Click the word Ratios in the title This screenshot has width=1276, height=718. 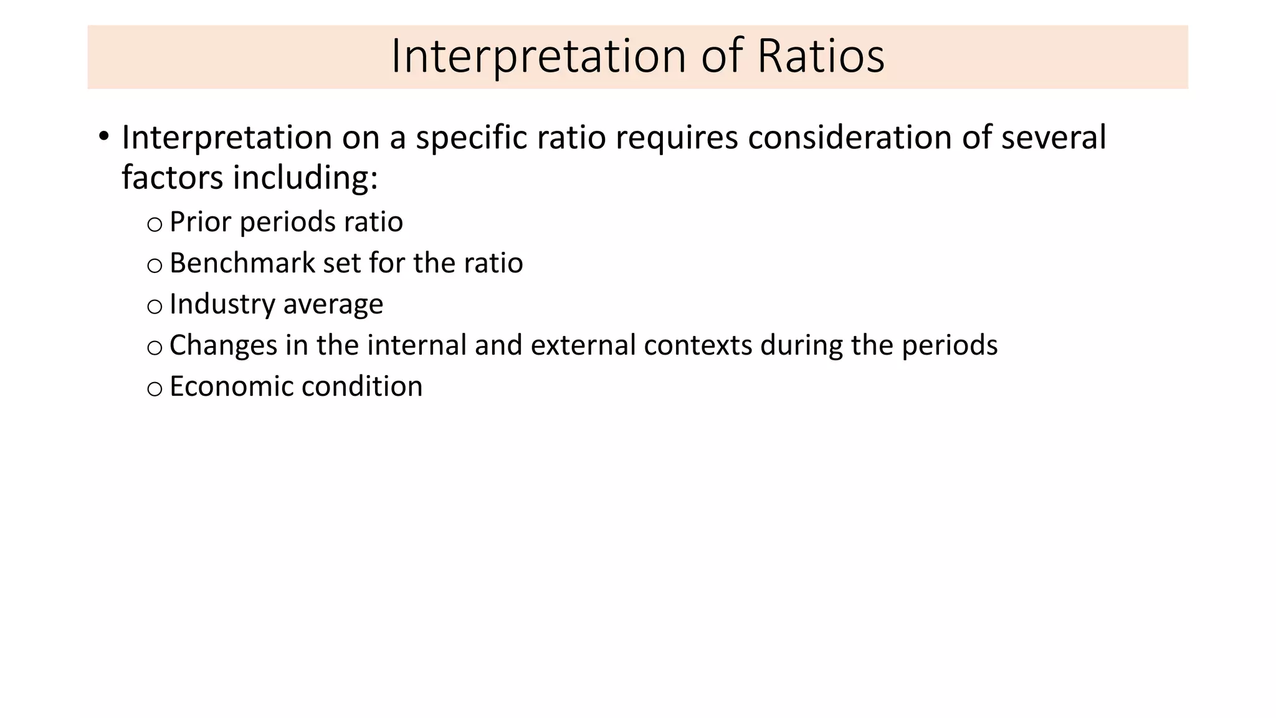click(x=821, y=56)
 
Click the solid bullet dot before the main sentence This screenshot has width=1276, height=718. click(x=103, y=135)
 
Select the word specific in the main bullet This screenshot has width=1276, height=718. click(x=472, y=137)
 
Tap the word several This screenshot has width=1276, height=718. click(x=1054, y=137)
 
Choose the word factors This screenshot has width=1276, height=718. click(x=172, y=178)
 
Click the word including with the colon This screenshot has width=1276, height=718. click(x=305, y=178)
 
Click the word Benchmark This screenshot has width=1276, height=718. click(x=242, y=263)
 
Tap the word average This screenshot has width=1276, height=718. click(x=333, y=304)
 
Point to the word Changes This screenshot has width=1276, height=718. click(x=223, y=345)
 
